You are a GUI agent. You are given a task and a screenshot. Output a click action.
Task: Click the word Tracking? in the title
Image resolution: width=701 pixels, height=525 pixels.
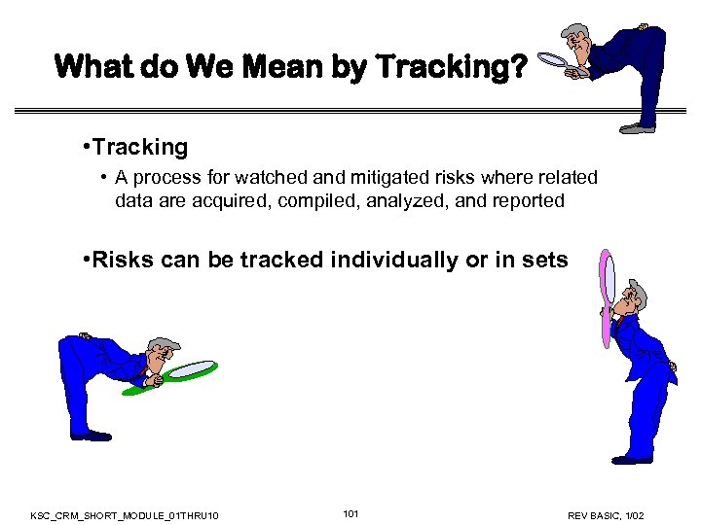[x=451, y=67]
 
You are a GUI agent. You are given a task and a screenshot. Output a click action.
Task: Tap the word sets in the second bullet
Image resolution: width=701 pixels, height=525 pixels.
[x=546, y=260]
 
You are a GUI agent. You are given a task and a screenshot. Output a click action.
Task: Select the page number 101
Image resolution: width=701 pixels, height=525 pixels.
[x=351, y=512]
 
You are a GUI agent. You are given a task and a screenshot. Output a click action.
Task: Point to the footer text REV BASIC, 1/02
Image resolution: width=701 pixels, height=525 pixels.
[x=606, y=514]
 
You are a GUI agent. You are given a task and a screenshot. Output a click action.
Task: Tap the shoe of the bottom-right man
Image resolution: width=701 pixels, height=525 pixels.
[x=633, y=458]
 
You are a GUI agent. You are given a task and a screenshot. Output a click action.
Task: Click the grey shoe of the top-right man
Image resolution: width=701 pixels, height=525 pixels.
[x=638, y=127]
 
